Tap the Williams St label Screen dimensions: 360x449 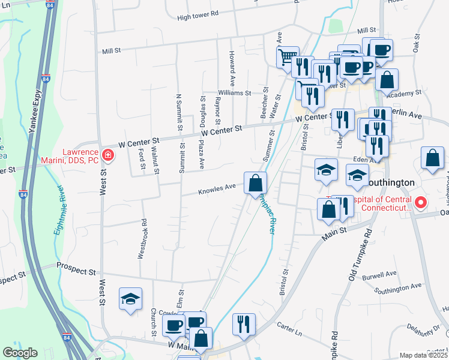(234, 93)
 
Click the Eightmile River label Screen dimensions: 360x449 (59, 214)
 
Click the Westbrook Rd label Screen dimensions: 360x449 (142, 242)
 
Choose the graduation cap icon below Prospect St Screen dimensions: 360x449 (130, 299)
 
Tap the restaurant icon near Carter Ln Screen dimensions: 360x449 (243, 324)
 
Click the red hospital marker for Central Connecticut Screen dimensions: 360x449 (421, 203)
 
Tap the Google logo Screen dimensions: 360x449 (20, 353)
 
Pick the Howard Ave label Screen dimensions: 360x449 (231, 68)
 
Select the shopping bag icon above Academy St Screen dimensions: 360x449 (387, 79)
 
